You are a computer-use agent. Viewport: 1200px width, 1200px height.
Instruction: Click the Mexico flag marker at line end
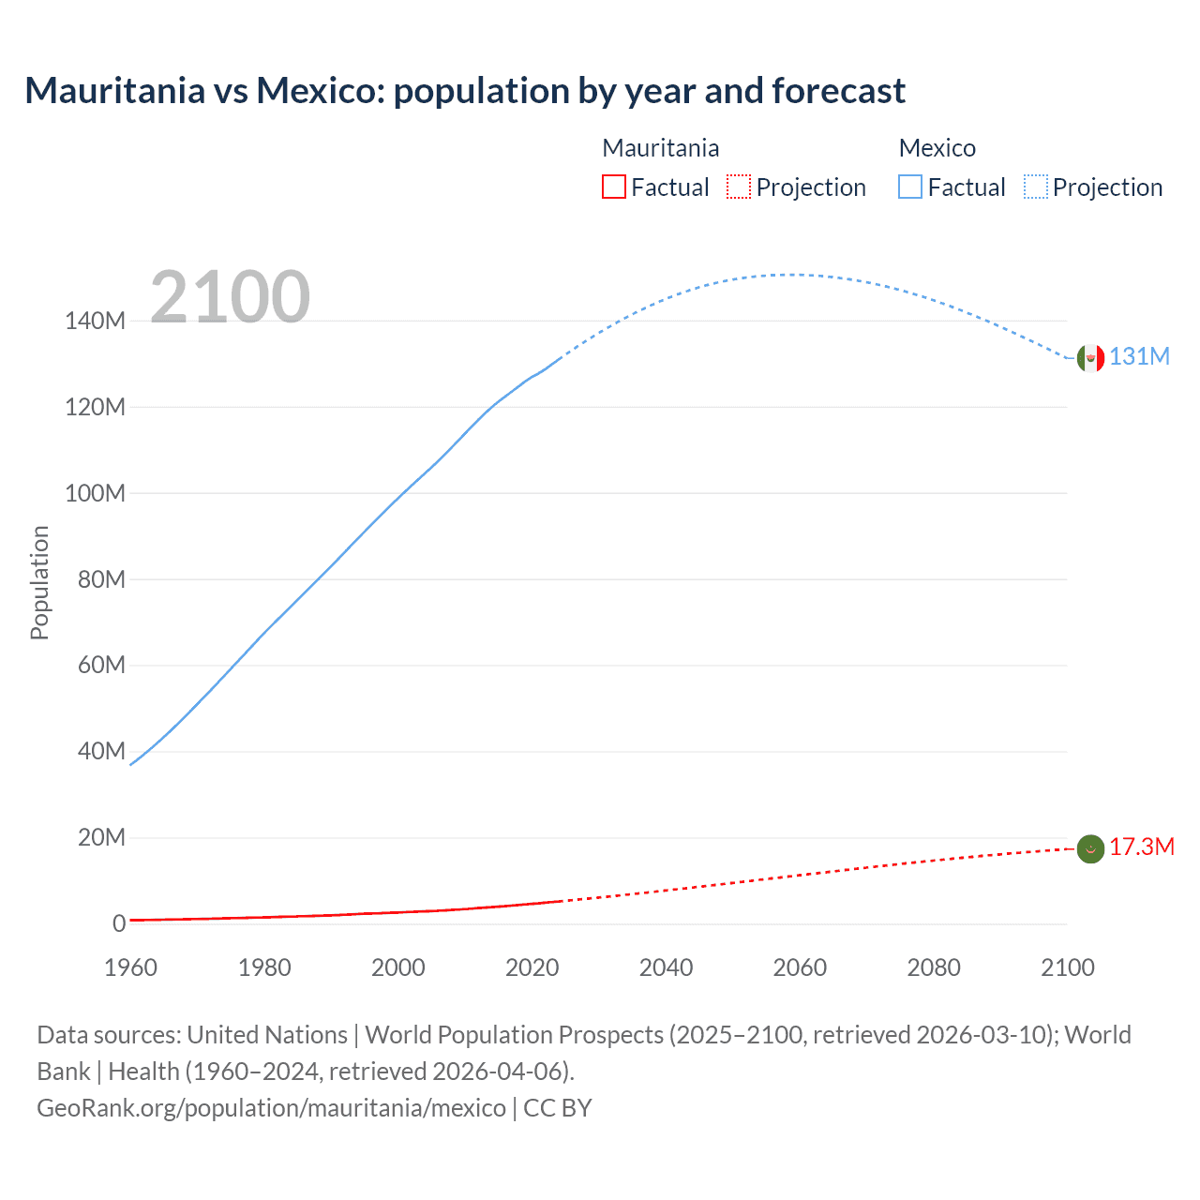coord(1090,357)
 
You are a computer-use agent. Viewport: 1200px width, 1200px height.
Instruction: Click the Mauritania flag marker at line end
coord(1090,848)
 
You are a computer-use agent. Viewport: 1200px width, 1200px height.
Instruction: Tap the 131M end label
coord(1139,357)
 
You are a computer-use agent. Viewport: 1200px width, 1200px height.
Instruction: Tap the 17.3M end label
coord(1141,847)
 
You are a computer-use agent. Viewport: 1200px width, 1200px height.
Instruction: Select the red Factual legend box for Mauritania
coord(614,187)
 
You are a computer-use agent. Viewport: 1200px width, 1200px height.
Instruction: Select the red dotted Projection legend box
coord(739,187)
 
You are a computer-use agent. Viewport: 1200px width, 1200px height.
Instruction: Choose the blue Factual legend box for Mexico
coord(910,187)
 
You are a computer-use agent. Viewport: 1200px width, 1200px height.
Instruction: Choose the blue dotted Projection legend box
coord(1036,187)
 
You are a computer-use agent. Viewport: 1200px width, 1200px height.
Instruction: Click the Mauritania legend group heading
coord(661,148)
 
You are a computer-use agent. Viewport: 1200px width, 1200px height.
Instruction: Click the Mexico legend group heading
coord(937,148)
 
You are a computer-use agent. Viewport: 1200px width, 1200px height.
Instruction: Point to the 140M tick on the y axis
coord(95,322)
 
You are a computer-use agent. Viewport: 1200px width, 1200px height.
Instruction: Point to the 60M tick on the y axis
coord(101,666)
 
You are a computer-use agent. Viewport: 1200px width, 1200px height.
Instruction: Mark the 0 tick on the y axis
coord(119,923)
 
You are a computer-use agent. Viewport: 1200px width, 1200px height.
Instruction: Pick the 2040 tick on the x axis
coord(666,967)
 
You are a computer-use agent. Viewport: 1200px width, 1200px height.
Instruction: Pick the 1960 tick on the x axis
coord(130,967)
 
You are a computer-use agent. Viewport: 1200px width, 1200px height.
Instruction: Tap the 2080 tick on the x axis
coord(934,967)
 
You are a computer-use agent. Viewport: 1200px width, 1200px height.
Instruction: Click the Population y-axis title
coord(39,582)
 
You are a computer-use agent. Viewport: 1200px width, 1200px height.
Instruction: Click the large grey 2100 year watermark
coord(230,297)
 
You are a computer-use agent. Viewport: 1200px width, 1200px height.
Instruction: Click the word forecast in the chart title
coord(838,91)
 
